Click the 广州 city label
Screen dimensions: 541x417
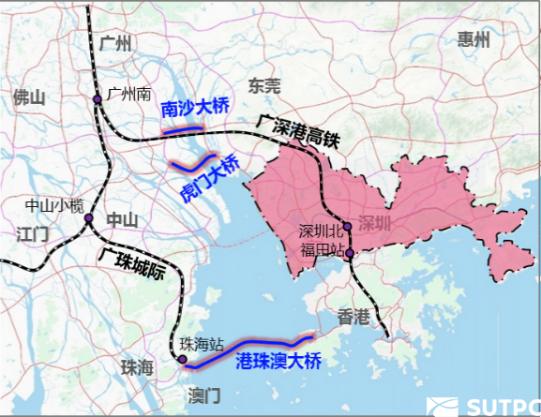pos(117,43)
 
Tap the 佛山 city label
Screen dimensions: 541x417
pos(29,97)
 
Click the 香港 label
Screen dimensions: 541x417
pos(355,317)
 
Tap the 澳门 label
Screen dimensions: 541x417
pos(203,393)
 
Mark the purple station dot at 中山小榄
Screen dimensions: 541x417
pos(87,219)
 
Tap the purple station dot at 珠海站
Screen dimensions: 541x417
pos(183,360)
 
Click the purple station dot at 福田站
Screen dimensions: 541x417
pos(349,253)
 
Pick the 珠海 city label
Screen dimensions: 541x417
pos(136,368)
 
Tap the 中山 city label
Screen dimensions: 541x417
pos(123,220)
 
